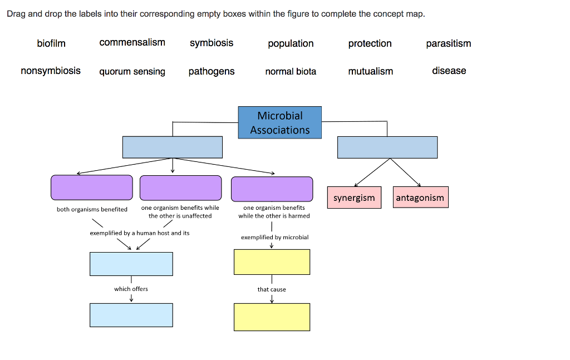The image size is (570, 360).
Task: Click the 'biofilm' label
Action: (51, 43)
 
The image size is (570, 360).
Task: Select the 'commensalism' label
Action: (132, 43)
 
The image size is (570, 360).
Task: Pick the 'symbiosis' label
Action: (212, 43)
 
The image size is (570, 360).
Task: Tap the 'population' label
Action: (291, 43)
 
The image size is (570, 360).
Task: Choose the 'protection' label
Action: (370, 43)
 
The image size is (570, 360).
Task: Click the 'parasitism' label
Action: (449, 43)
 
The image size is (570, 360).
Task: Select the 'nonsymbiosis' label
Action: (51, 71)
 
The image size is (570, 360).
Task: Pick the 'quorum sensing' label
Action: (132, 71)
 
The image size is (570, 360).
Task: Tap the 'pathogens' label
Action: (212, 71)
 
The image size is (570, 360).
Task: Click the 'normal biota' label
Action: (291, 71)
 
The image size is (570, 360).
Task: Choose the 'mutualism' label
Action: (370, 71)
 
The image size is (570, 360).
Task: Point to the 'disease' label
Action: (449, 71)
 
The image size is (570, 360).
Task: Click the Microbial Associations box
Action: (280, 122)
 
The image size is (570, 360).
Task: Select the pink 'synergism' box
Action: (354, 198)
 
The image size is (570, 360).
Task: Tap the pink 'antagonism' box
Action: (420, 198)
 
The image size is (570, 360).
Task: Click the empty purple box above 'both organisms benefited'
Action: (92, 188)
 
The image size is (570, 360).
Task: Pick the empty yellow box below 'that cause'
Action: (272, 317)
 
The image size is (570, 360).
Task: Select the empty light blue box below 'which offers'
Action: (131, 315)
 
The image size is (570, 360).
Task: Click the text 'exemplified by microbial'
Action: (274, 237)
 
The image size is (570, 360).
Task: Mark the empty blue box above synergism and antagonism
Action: (387, 147)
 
